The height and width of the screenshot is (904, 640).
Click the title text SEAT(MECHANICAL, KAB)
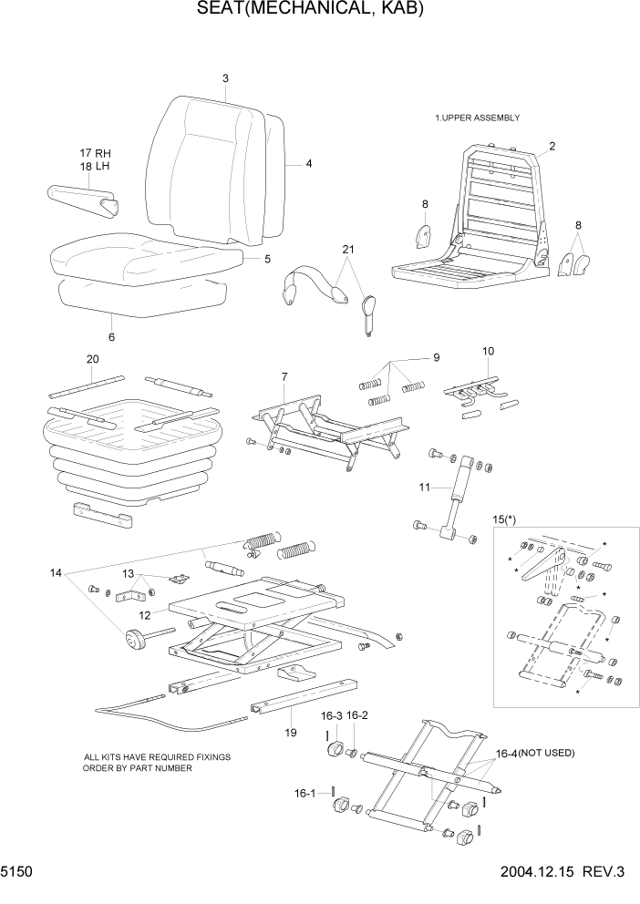(310, 10)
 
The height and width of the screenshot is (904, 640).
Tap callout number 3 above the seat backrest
(225, 78)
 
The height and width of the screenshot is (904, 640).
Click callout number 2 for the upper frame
(552, 146)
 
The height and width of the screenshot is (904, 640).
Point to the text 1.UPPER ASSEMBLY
(477, 118)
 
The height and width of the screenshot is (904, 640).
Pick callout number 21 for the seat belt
(347, 249)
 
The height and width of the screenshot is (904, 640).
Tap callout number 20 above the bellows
(92, 359)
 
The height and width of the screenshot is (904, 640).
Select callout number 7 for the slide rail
(284, 377)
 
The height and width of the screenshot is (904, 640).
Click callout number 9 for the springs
(436, 356)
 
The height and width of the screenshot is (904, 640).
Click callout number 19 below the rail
(290, 731)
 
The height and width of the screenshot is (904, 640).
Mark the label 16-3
(331, 716)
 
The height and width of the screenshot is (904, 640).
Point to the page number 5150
(16, 871)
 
